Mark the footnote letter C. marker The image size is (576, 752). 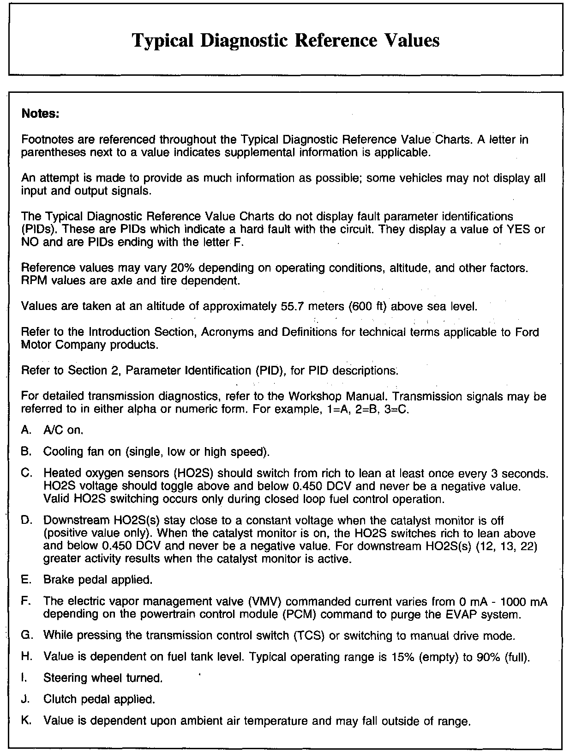(27, 473)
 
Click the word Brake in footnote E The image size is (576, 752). (57, 579)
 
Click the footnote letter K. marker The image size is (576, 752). (27, 720)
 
